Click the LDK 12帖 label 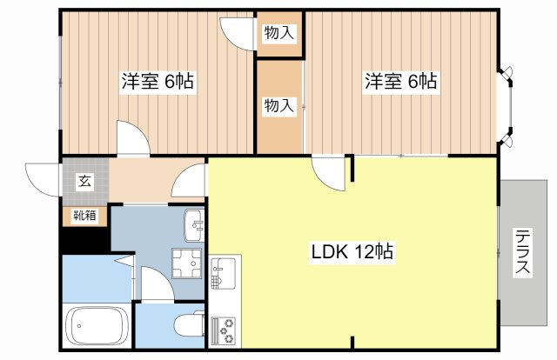coord(352,251)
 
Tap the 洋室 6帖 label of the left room coord(158,81)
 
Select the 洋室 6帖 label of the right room coord(401,81)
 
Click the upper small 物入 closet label coord(279,33)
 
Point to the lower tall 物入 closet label coord(279,105)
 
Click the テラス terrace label coord(523,251)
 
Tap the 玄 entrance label coord(85,181)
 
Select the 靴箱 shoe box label coord(84,215)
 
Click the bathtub coord(97,326)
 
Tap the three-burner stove coord(223,330)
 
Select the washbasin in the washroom coord(194,225)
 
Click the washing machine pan coord(186,263)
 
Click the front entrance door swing coord(44,180)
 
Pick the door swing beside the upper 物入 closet coord(238,33)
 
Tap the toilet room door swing coord(158,284)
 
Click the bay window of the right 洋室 coord(506,106)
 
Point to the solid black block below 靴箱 coord(85,241)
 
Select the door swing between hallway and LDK coord(189,180)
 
